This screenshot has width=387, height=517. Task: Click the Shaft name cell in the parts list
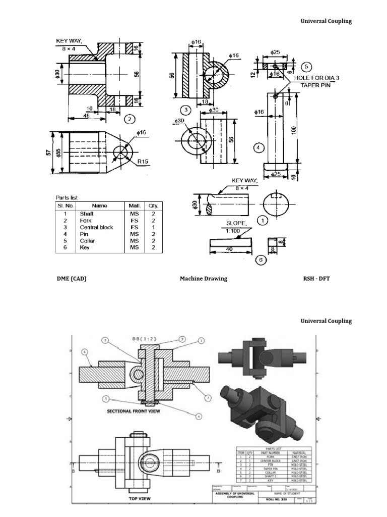pos(87,214)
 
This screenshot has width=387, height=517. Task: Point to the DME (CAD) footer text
pos(71,278)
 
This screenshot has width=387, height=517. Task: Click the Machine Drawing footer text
pos(204,278)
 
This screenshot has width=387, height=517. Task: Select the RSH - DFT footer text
pos(316,278)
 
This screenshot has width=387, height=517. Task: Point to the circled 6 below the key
pos(261,260)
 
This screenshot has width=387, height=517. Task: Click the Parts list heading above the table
pos(67,197)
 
